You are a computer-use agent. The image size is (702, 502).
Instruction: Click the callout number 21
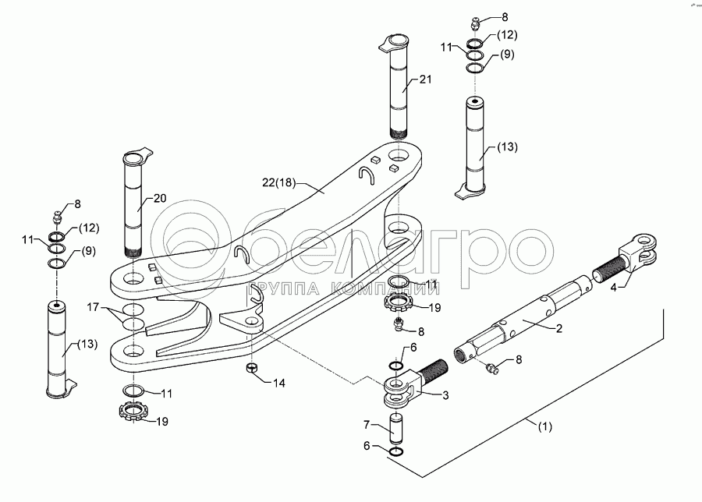click(425, 80)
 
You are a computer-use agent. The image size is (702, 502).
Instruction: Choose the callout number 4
click(613, 288)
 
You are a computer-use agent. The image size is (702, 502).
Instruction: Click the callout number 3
click(446, 396)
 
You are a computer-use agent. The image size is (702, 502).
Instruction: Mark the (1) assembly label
click(544, 426)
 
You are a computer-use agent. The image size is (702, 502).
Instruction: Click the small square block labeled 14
click(251, 368)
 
